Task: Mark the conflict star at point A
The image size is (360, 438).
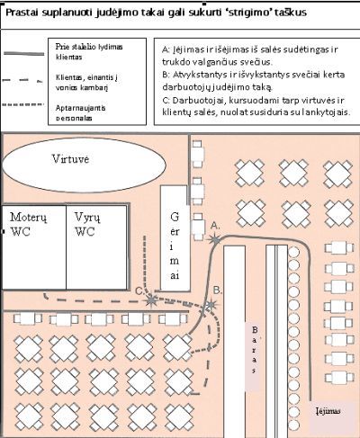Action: coord(214,238)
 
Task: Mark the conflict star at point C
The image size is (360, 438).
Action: coord(151,301)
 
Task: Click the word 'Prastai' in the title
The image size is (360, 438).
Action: coord(24,14)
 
